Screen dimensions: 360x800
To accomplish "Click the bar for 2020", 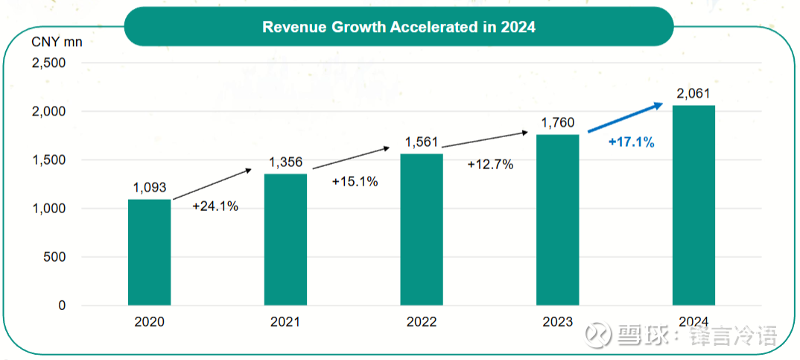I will pyautogui.click(x=149, y=252).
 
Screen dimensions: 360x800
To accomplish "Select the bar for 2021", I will pyautogui.click(x=285, y=239).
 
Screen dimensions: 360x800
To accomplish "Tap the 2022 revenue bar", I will pyautogui.click(x=422, y=230).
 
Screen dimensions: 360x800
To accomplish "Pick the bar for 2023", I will pyautogui.click(x=558, y=220).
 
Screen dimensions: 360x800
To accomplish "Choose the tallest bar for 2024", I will pyautogui.click(x=693, y=205).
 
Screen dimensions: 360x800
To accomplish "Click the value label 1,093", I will pyautogui.click(x=150, y=188).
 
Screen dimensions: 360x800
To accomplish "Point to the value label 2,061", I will pyautogui.click(x=693, y=94).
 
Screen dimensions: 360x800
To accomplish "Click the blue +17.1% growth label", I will pyautogui.click(x=631, y=142).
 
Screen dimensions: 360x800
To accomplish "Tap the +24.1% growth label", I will pyautogui.click(x=215, y=206).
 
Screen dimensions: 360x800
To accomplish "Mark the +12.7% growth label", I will pyautogui.click(x=490, y=165).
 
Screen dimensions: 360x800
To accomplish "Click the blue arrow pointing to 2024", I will pyautogui.click(x=626, y=118).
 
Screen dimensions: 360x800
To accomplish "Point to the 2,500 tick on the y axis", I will pyautogui.click(x=48, y=63).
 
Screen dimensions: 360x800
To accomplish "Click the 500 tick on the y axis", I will pyautogui.click(x=56, y=257).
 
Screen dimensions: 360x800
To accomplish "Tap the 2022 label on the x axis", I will pyautogui.click(x=422, y=322).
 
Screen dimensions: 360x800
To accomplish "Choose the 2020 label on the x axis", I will pyautogui.click(x=150, y=322).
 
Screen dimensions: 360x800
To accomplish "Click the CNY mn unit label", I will pyautogui.click(x=57, y=41).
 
